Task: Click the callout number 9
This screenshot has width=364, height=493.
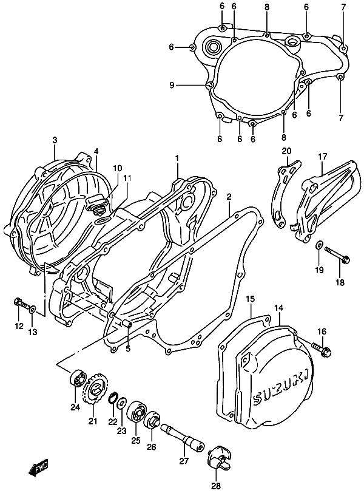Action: coord(172,86)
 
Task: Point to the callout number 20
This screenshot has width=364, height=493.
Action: coord(286,152)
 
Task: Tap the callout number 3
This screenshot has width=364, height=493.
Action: coord(55,140)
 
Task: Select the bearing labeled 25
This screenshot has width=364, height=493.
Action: coord(135,415)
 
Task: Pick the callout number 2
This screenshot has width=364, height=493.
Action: coord(229,197)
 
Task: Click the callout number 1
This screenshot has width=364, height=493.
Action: coord(178,158)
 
